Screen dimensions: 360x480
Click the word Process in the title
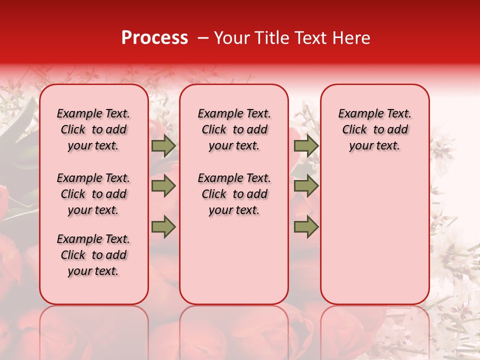(x=154, y=37)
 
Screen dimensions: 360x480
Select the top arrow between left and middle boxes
(x=163, y=146)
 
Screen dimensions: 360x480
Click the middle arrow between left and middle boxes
(x=163, y=186)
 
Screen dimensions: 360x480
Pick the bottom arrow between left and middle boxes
(x=163, y=227)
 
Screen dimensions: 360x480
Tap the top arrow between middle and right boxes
(x=306, y=146)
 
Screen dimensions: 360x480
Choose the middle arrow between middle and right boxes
(x=306, y=186)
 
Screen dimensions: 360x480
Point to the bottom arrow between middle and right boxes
(x=306, y=227)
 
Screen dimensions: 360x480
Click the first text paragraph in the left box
(x=93, y=129)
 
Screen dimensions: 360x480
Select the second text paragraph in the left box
(x=93, y=194)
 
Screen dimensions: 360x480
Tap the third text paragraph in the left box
(x=93, y=255)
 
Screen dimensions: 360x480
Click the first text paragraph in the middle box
(x=234, y=129)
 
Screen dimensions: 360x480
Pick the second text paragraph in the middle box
(x=234, y=194)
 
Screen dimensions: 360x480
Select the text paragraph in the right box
(x=375, y=129)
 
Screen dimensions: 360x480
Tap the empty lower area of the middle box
(x=234, y=260)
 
